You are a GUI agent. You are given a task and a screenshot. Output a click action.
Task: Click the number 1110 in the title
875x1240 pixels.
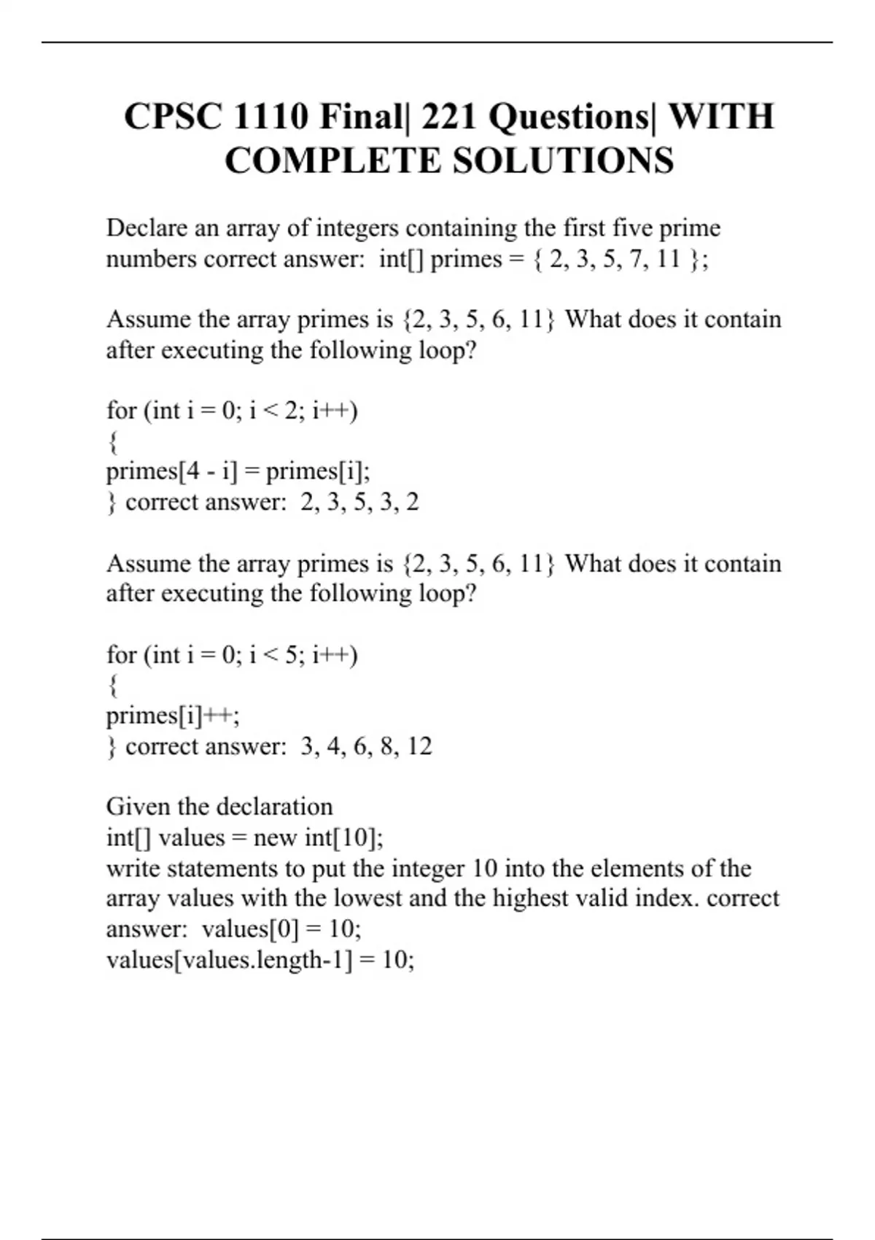272,117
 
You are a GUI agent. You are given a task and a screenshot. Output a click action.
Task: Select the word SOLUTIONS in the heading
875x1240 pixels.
563,161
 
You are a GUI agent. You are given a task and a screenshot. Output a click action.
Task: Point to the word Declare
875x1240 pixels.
147,228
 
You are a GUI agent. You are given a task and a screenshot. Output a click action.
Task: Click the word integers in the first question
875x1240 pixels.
357,228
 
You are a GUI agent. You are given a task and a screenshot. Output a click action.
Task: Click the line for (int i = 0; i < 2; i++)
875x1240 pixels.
232,411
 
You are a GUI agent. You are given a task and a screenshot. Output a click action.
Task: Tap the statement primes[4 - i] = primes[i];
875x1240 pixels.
238,472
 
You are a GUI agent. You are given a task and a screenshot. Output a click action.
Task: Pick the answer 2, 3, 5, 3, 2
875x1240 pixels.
359,503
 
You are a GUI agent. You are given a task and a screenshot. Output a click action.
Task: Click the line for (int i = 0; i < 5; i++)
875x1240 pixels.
232,655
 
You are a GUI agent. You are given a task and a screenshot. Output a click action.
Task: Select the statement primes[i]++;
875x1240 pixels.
173,716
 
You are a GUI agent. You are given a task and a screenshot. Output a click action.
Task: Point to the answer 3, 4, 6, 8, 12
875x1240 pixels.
366,746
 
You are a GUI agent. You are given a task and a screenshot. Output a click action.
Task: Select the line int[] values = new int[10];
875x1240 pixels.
245,837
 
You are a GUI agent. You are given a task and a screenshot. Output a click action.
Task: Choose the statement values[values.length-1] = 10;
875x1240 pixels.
260,960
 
